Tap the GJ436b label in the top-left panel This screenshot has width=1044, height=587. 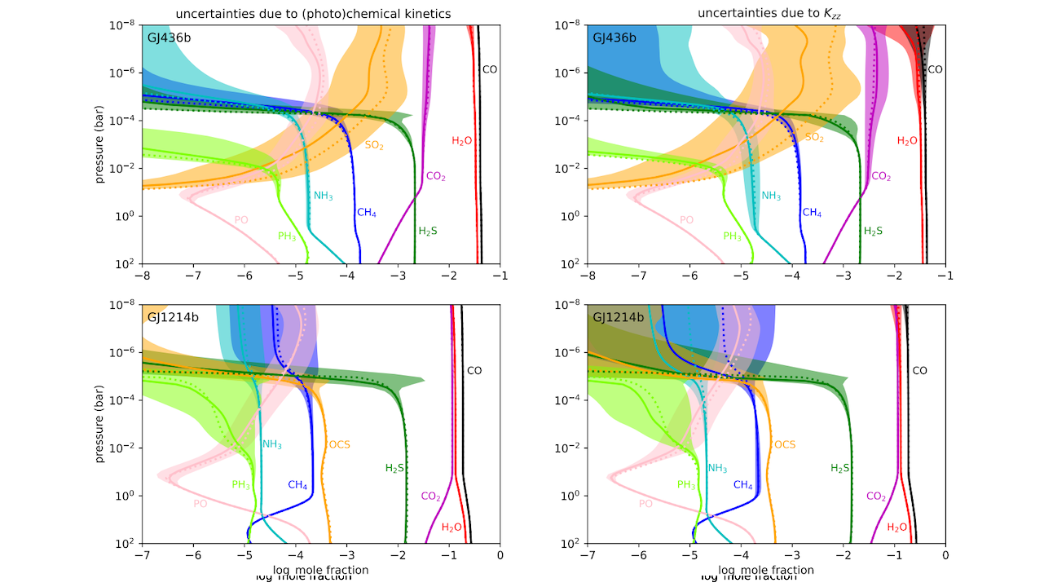tap(169, 38)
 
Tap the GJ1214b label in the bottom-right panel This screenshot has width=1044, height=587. tap(618, 317)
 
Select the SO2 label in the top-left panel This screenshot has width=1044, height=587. tap(374, 145)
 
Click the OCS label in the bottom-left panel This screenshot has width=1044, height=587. tap(339, 445)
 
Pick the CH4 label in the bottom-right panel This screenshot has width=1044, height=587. tap(742, 485)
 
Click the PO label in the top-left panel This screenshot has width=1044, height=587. tap(241, 220)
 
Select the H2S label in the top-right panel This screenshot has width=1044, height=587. tap(873, 232)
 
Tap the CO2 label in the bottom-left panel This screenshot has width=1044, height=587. tap(430, 497)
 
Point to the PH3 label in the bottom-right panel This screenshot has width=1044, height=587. tap(687, 485)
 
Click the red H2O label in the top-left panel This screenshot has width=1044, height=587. tap(462, 141)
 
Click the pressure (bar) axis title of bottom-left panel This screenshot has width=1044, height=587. tap(100, 424)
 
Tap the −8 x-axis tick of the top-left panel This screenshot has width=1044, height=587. tap(143, 277)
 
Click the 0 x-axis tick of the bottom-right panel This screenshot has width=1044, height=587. tap(945, 556)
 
